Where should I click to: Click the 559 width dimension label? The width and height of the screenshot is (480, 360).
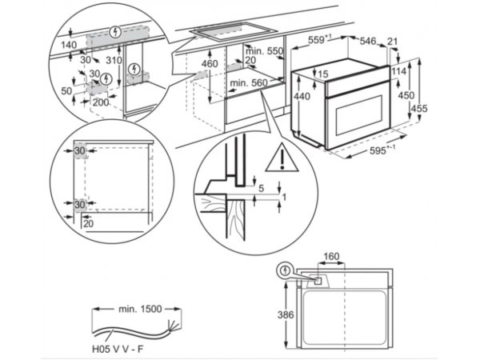click(319, 40)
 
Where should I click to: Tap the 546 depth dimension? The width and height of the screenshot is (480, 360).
click(367, 41)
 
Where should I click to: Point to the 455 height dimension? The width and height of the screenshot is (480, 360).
click(419, 108)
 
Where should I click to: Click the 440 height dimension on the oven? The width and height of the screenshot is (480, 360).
click(302, 97)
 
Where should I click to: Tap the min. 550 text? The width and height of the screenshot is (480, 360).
click(264, 51)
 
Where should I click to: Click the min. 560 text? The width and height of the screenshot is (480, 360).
click(249, 82)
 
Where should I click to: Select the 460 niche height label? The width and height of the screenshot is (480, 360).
click(210, 64)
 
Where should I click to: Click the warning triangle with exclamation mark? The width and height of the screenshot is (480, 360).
click(282, 158)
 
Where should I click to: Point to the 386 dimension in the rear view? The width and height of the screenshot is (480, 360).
click(286, 314)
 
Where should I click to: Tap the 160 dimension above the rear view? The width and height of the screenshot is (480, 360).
click(331, 256)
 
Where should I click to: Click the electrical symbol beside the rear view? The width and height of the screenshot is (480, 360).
click(285, 270)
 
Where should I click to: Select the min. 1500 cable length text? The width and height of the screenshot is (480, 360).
click(140, 309)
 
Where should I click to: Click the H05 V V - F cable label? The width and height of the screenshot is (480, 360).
click(118, 349)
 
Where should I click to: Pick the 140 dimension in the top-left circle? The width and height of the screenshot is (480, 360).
click(69, 45)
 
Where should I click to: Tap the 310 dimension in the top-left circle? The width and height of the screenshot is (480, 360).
click(114, 61)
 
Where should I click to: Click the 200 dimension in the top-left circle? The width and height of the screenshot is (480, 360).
click(101, 102)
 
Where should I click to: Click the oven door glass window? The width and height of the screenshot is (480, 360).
click(359, 116)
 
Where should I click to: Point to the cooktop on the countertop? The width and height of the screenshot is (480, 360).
click(234, 31)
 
